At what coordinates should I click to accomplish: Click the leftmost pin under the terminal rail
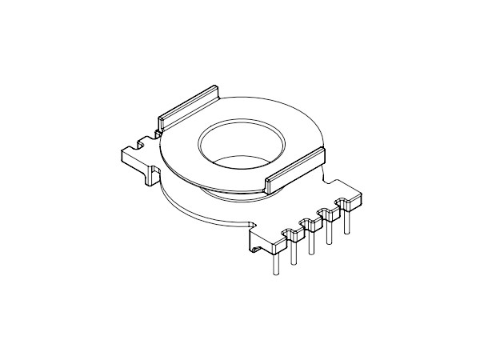pos(274,261)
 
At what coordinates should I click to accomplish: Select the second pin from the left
pos(294,250)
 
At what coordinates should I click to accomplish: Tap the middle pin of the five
pos(311,242)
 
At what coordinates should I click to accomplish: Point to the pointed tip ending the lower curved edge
pos(253,222)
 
